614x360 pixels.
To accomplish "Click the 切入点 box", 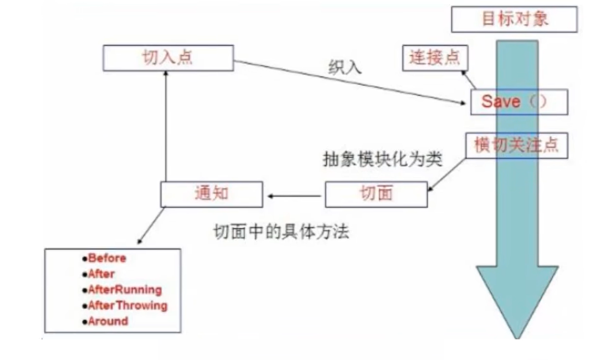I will tap(168, 58).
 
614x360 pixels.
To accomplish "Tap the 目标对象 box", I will tap(514, 20).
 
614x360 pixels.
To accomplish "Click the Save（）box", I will tap(519, 102).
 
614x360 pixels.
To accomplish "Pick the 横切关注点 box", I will tap(516, 146).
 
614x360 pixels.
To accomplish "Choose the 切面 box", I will tap(376, 194).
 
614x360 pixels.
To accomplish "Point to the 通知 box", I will tap(211, 194).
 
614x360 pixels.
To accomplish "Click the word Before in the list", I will tap(107, 258).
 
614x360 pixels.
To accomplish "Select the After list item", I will tap(101, 274).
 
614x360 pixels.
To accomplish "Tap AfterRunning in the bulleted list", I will tap(125, 290).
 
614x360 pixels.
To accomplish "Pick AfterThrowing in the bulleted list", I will tap(127, 306).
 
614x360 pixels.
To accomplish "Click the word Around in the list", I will tap(108, 321).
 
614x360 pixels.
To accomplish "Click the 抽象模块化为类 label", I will tap(382, 160).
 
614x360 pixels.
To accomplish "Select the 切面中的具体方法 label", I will tap(281, 232).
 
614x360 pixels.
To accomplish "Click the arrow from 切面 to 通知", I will tap(294, 196).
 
